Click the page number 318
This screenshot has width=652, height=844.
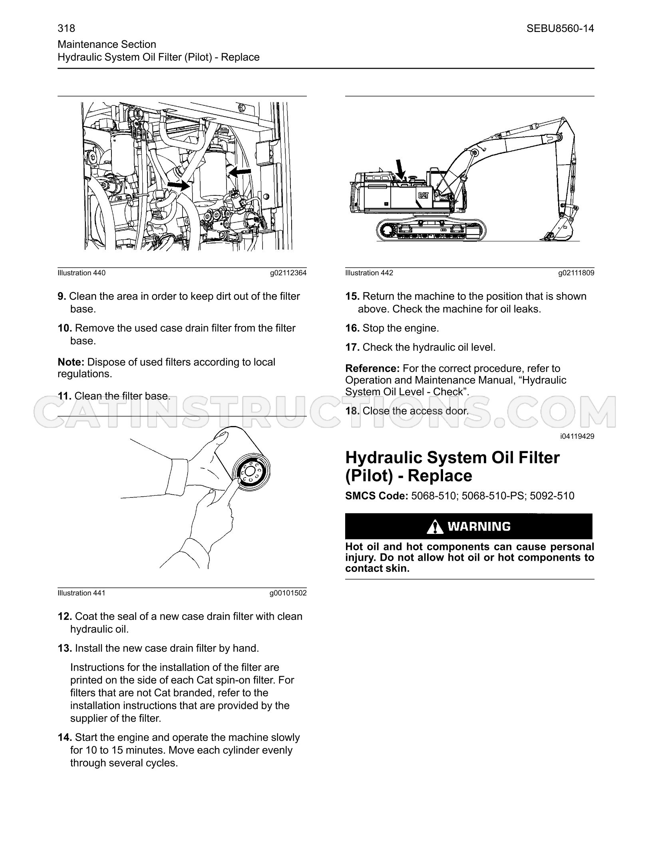pos(66,28)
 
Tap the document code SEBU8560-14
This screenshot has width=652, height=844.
pos(560,28)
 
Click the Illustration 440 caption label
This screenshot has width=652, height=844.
pos(81,273)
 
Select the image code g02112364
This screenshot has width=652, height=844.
pos(288,273)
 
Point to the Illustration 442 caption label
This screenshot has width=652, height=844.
pos(369,273)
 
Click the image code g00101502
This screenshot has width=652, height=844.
pos(288,593)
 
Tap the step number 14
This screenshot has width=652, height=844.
pos(65,738)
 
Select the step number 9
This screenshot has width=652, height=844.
pos(62,297)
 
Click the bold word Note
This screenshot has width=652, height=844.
pos(71,362)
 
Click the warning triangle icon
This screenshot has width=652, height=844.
pos(435,527)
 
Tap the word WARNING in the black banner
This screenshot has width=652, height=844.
pos(479,527)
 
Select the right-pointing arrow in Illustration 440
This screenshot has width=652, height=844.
pos(178,185)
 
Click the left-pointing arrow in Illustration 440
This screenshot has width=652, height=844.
pos(239,172)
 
